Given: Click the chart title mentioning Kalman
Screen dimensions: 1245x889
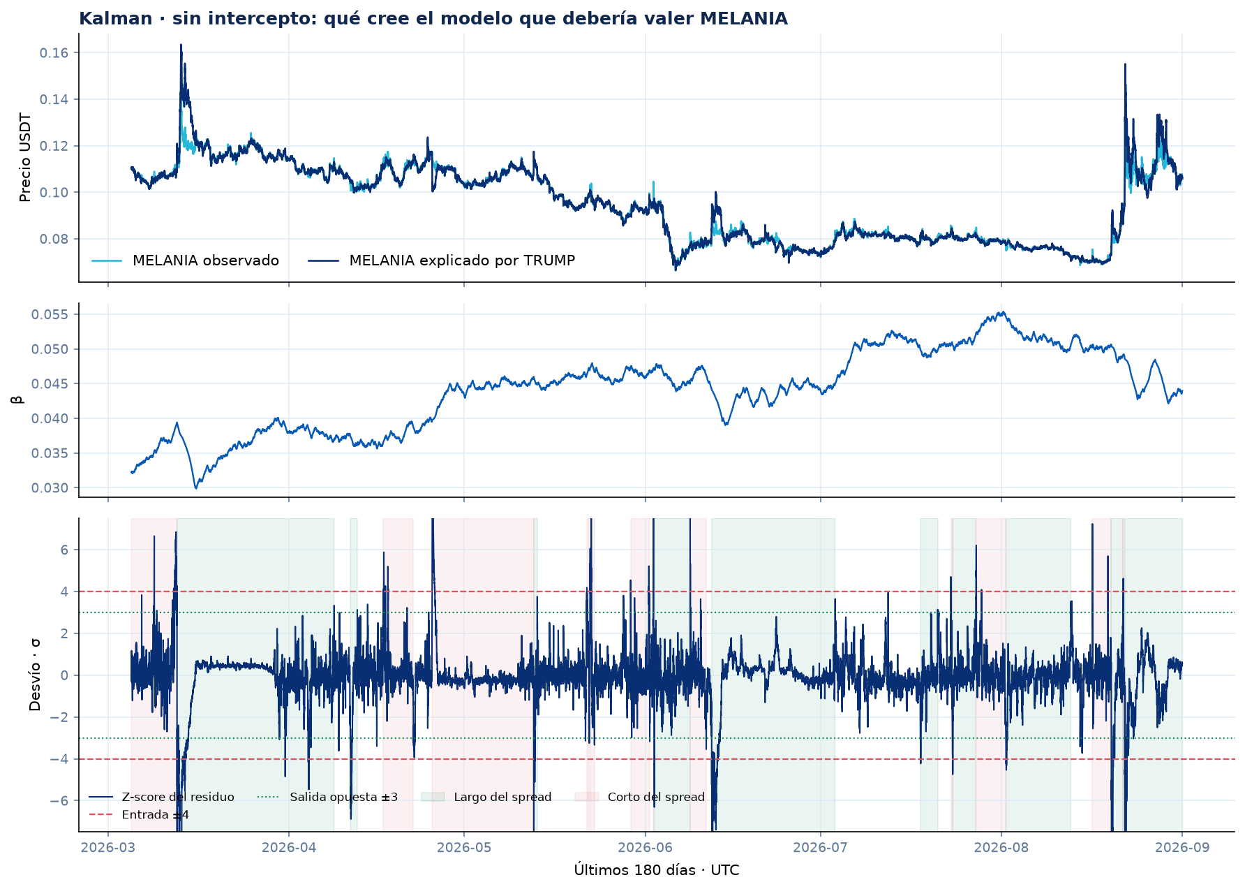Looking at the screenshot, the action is tap(433, 19).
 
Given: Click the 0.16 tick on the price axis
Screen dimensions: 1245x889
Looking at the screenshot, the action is tap(54, 53).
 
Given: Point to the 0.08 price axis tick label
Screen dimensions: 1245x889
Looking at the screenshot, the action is tap(54, 239).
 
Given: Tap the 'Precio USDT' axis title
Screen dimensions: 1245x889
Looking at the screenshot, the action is tap(26, 158).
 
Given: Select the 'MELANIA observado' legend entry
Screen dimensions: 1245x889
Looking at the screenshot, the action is tap(185, 260).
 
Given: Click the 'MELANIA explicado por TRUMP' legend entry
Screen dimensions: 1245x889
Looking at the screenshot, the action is tap(441, 260).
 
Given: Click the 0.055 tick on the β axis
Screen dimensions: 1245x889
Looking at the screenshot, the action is tap(50, 314).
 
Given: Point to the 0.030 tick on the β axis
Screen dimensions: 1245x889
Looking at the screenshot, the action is tap(50, 488).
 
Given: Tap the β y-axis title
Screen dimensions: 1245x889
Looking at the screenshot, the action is tap(17, 399).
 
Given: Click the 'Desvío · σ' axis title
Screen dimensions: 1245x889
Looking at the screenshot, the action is tap(35, 675).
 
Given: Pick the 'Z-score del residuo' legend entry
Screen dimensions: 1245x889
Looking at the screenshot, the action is tap(162, 797).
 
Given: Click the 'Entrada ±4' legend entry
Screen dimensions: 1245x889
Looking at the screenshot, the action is tap(139, 815).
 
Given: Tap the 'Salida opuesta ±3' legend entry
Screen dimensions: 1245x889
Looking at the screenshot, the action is tap(327, 797).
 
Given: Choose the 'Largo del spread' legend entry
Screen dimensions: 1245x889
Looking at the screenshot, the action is tap(486, 797).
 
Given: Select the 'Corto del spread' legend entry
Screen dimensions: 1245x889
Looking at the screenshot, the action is tap(640, 797).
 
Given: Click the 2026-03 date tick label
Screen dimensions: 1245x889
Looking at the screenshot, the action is tap(108, 848).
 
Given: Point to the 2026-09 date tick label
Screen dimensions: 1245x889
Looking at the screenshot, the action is tap(1182, 848).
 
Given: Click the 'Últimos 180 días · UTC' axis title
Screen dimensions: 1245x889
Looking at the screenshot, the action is tap(657, 870).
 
